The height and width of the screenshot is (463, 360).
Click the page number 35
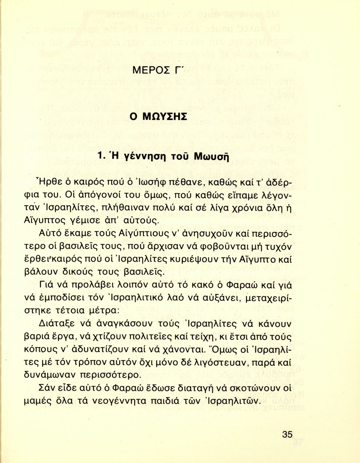point(287,434)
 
